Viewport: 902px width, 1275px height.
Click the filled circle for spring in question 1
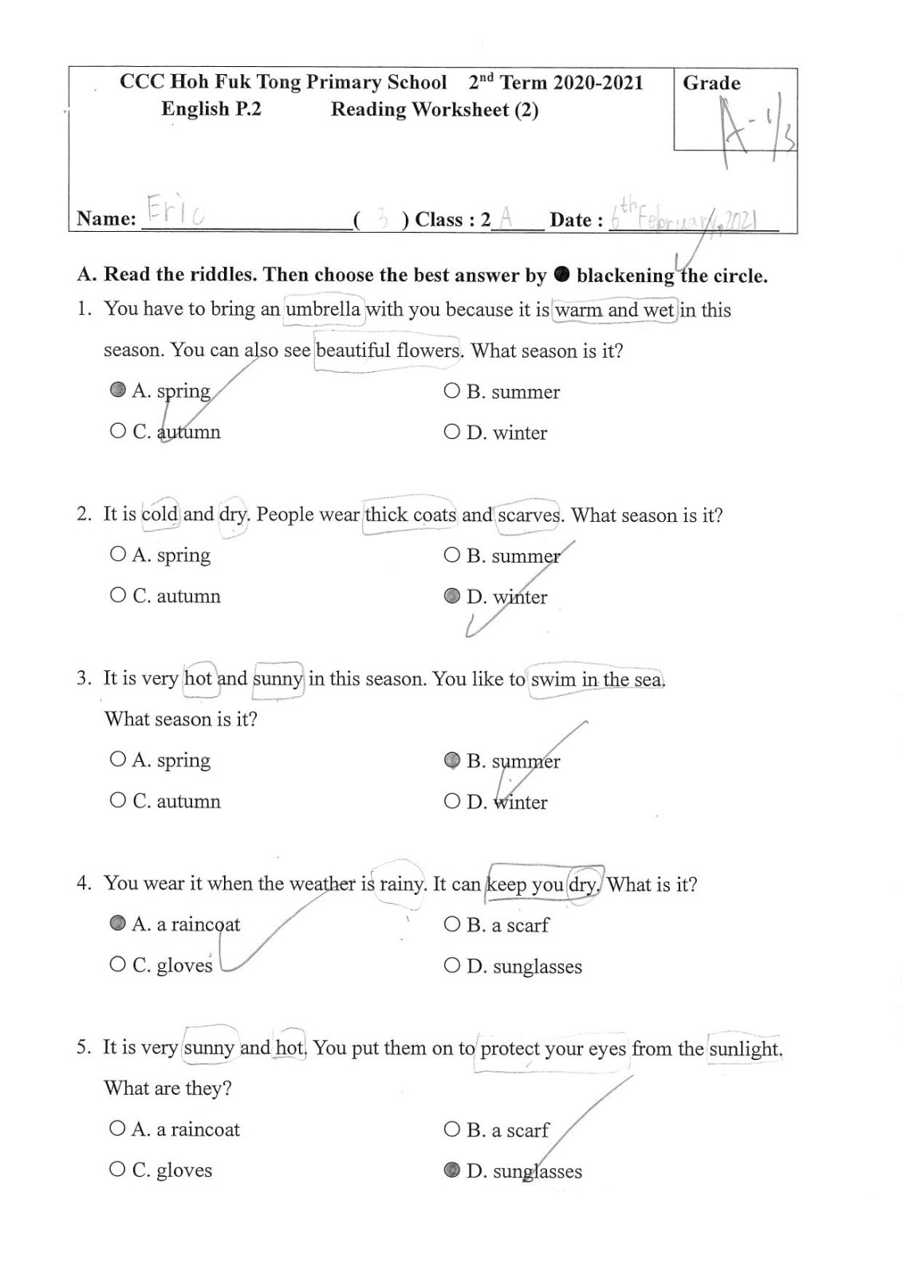[118, 390]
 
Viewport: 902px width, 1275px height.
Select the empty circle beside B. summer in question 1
[452, 390]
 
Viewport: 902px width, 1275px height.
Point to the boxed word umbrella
[323, 309]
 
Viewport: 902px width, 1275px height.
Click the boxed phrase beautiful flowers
[388, 351]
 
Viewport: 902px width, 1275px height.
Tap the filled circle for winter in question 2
[452, 595]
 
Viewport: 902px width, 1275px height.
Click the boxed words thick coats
[410, 514]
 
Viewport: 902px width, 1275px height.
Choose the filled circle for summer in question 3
[452, 759]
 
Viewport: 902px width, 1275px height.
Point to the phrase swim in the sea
[597, 679]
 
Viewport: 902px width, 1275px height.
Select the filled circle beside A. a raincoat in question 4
[118, 923]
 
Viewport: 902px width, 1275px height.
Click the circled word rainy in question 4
[402, 884]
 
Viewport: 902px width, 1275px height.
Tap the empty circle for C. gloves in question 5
[118, 1169]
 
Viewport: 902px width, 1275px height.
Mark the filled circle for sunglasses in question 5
[452, 1170]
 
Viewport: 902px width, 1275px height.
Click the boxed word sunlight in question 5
[745, 1048]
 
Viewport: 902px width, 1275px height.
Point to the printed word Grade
[711, 83]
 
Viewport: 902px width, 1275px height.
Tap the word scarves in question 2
[529, 515]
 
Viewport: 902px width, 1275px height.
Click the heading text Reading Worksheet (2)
[435, 109]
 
